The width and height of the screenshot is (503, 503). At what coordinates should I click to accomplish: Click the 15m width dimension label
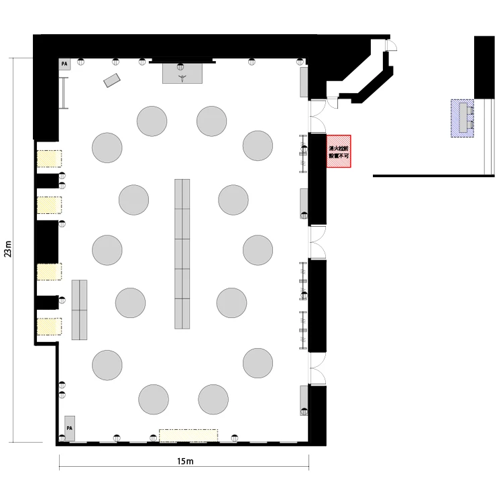[x=185, y=461]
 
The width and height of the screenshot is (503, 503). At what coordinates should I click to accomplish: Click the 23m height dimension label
[x=7, y=249]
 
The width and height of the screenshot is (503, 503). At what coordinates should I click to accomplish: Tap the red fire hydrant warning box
[x=339, y=151]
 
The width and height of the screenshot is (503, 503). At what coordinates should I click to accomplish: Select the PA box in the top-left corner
[x=64, y=64]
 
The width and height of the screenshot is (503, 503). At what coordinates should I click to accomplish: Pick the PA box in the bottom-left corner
[x=70, y=429]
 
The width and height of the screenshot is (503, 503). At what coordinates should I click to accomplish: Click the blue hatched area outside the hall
[x=462, y=118]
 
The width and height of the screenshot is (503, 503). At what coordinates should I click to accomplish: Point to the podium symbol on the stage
[x=182, y=78]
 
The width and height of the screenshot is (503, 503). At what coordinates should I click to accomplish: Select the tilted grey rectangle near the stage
[x=111, y=80]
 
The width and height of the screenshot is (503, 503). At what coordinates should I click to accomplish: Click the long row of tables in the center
[x=182, y=254]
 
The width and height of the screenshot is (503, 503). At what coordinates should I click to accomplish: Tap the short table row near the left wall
[x=79, y=310]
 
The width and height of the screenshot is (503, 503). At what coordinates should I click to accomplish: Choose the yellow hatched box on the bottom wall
[x=188, y=435]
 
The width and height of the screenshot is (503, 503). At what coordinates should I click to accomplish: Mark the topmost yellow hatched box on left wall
[x=49, y=158]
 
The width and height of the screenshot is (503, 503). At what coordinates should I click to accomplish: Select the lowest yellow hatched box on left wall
[x=49, y=327]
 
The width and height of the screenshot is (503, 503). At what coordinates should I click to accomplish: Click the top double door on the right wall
[x=317, y=116]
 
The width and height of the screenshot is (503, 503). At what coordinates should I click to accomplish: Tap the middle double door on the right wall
[x=317, y=242]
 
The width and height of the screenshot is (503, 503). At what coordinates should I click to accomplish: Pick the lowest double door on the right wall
[x=317, y=368]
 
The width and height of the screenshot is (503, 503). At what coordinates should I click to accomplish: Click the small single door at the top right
[x=391, y=45]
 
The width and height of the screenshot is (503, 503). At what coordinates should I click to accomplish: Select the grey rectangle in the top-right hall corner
[x=304, y=82]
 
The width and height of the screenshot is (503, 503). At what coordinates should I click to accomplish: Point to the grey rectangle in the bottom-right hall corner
[x=304, y=400]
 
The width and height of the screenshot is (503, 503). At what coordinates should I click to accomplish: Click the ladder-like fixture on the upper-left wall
[x=64, y=93]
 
